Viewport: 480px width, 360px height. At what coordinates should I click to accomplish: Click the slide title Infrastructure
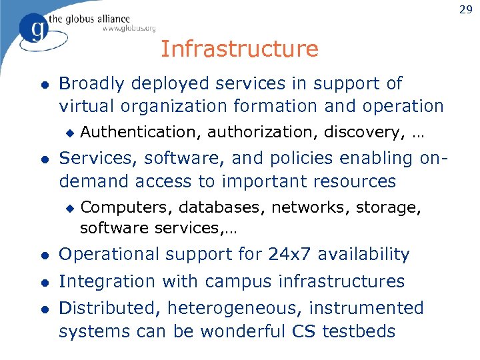pos(239,49)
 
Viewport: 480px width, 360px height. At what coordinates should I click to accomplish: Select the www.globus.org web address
pos(129,28)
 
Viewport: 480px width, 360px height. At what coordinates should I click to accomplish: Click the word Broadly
pos(92,84)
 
